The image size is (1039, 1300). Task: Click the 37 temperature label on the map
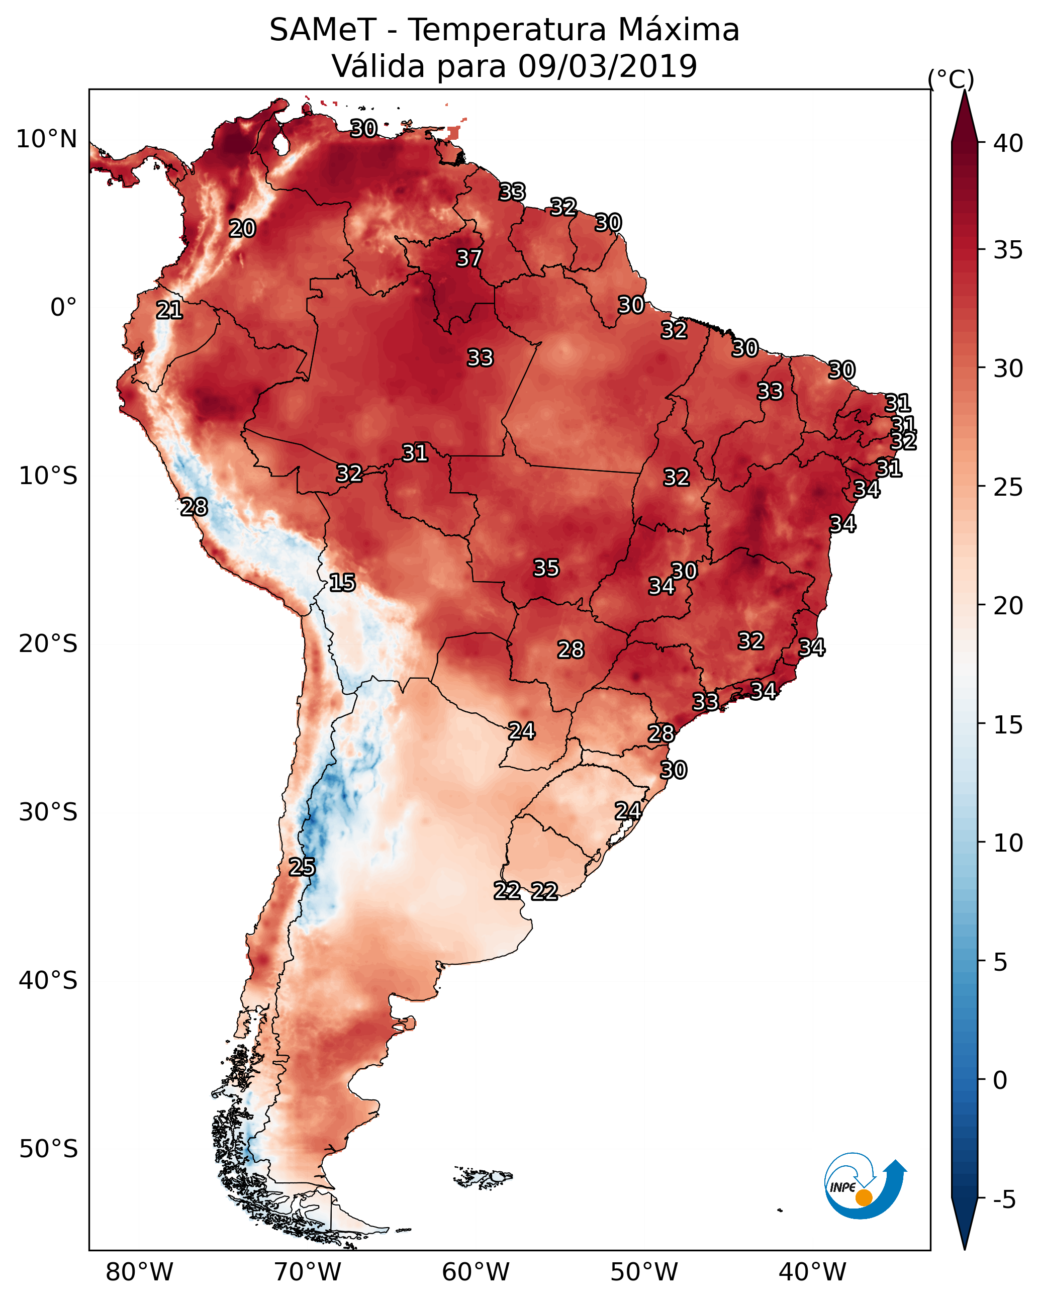(468, 258)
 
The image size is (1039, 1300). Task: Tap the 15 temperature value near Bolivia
(342, 583)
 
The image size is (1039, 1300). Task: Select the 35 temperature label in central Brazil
(546, 568)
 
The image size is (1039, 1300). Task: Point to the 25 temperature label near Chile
(302, 867)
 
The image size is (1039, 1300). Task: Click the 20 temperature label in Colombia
(242, 229)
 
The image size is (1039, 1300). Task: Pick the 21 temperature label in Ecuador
(169, 311)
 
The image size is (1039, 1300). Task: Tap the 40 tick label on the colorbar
(1008, 143)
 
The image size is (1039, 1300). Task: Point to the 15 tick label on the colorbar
(1008, 725)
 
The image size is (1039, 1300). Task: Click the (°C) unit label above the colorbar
(951, 79)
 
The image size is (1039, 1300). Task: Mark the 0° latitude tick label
(64, 308)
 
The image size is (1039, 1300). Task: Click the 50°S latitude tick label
(48, 1149)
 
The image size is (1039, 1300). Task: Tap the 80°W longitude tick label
(139, 1272)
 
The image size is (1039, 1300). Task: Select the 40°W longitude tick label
(813, 1272)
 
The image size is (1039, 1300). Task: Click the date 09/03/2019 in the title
(607, 66)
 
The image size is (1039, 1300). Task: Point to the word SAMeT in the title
(323, 30)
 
